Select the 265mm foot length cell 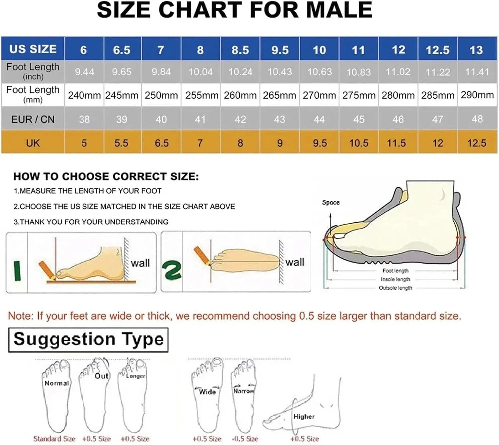(279, 95)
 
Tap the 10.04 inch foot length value (201, 72)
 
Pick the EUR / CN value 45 (359, 119)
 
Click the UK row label (33, 143)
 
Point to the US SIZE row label (33, 49)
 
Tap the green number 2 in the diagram (172, 270)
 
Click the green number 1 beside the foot (17, 271)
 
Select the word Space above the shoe (331, 203)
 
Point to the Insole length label (395, 279)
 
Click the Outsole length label (395, 288)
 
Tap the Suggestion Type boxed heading (88, 340)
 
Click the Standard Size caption (54, 438)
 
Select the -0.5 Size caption (245, 438)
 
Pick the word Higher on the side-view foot (304, 416)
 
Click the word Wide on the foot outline (207, 391)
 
